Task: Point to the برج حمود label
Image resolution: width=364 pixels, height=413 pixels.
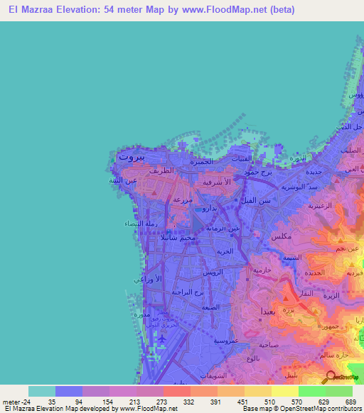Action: point(257,172)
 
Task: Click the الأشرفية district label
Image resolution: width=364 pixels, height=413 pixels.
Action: point(215,182)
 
